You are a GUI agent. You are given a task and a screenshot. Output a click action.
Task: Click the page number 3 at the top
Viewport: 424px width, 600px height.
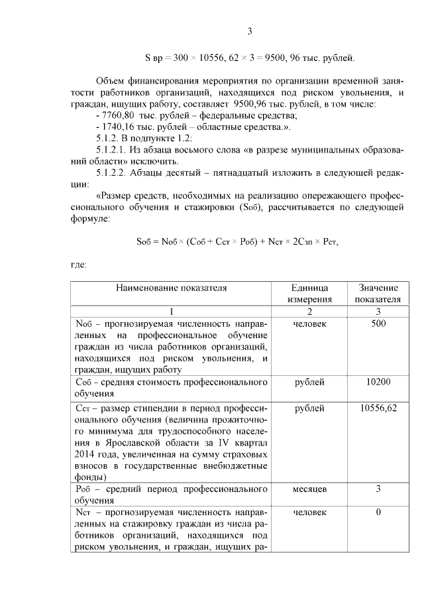pos(249,31)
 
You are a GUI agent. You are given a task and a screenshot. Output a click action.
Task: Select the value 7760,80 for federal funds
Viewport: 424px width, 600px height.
pos(115,115)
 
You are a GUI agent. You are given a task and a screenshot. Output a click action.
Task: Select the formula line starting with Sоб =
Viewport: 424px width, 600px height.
pos(237,241)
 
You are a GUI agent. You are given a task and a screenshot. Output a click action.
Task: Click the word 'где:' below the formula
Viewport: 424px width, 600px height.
pos(79,265)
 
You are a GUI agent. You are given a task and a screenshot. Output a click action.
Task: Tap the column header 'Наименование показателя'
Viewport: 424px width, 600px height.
pos(171,288)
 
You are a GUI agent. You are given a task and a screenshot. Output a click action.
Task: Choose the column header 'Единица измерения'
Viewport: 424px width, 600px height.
pos(309,293)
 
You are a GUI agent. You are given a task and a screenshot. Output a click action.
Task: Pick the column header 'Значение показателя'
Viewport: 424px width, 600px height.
pos(378,293)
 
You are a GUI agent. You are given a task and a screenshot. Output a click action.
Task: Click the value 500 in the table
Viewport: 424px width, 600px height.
pos(378,324)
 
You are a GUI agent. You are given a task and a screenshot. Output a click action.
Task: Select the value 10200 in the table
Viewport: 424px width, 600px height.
pos(378,382)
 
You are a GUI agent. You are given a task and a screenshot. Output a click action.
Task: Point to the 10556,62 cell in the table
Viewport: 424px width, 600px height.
pos(378,408)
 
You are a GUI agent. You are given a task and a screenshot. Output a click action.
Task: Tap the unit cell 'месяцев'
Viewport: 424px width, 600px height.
pos(309,489)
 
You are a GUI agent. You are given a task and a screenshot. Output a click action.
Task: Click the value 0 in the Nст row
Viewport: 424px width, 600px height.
pos(378,512)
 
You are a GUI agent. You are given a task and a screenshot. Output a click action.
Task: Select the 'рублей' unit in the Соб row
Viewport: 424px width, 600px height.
pos(309,382)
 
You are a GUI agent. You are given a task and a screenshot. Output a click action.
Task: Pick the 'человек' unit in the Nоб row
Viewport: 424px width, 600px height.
pos(309,324)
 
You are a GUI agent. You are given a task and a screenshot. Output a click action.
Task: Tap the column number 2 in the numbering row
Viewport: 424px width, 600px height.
pos(309,311)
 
